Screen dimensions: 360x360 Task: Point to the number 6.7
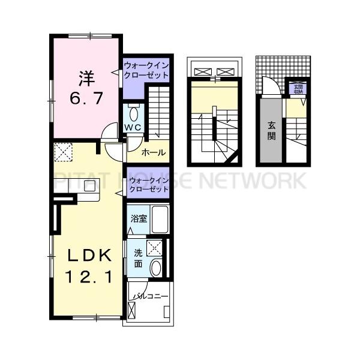[86, 97]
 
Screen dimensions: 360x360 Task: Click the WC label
[132, 128]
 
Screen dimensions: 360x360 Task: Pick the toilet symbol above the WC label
[133, 113]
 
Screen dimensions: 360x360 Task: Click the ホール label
[154, 153]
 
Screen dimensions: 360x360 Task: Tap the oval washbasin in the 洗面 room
[155, 267]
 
